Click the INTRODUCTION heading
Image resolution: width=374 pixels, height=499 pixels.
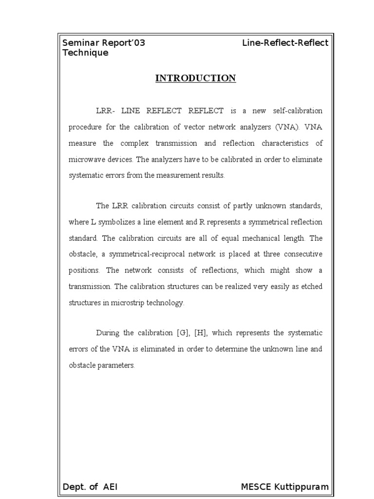tap(195, 78)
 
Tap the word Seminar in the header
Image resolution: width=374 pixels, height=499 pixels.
tap(80, 43)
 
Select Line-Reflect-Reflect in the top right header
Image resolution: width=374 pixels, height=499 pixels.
tap(285, 43)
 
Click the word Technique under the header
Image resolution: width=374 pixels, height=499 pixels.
tap(86, 53)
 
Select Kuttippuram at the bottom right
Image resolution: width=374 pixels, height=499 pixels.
tap(303, 487)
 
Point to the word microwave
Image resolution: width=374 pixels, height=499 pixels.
tap(84, 159)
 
